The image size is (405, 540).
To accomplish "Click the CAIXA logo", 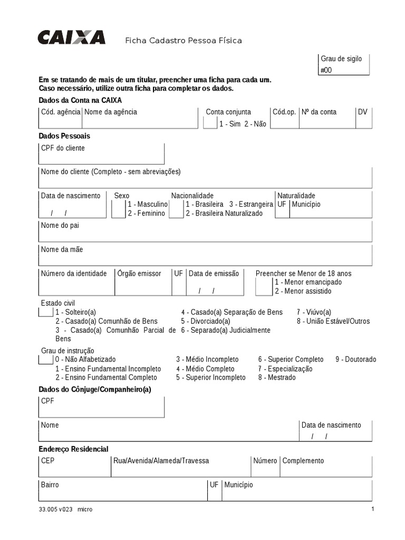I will (71, 37).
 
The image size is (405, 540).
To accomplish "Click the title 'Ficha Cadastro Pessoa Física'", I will (183, 41).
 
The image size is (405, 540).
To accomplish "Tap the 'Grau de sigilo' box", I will (343, 64).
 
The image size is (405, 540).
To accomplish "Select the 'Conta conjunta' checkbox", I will (210, 123).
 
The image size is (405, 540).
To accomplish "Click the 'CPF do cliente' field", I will (101, 153).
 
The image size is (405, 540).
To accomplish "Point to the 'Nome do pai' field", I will (205, 232).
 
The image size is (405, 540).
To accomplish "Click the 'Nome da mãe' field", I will (205, 255).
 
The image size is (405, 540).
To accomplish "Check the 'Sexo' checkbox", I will (118, 209).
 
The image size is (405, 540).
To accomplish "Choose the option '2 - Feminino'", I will (146, 214).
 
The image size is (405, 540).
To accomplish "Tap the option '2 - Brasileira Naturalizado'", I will (224, 214).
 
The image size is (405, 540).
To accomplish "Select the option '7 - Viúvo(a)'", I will (314, 312).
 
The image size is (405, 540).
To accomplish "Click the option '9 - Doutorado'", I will (355, 360).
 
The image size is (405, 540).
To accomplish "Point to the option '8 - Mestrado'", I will (277, 378).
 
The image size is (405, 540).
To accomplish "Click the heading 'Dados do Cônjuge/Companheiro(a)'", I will (95, 389).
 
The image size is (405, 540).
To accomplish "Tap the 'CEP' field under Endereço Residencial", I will (74, 467).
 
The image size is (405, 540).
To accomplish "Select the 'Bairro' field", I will (122, 490).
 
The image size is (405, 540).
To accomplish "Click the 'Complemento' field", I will (326, 467).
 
